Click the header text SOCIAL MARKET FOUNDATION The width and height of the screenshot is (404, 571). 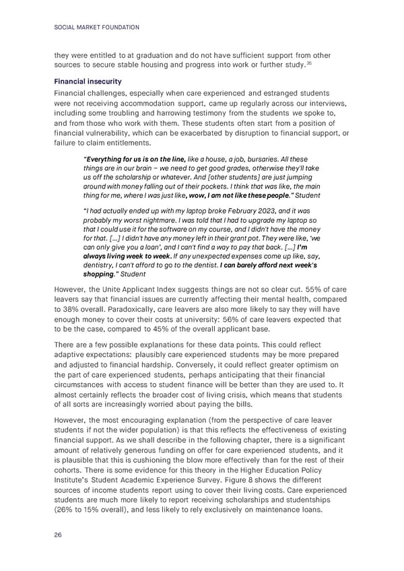(x=95, y=28)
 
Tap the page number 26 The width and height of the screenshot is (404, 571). (x=57, y=537)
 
